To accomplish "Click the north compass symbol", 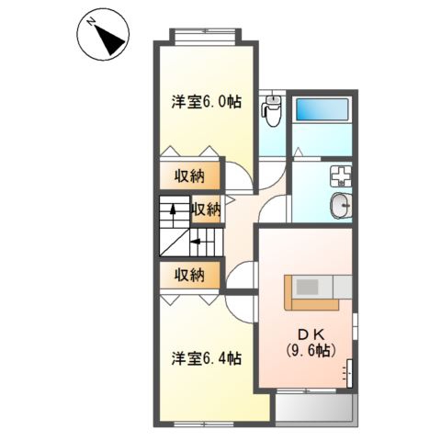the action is coord(103,34).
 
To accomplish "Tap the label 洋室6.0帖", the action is coord(207,102).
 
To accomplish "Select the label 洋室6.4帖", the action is coord(207,358).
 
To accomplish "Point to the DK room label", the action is coord(311,334).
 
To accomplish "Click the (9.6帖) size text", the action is coord(311,350).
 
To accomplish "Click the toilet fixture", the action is coord(271,110).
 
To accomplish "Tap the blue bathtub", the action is coord(322,109).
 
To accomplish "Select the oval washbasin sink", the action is coord(341,206).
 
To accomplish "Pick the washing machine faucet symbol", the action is coord(341,176).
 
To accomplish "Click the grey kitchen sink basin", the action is coord(307,288).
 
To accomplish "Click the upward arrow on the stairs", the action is coord(173,210).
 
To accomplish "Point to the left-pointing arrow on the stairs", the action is coord(196,242).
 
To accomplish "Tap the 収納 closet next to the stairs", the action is coord(206,209).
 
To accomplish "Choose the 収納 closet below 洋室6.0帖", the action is coord(190,175).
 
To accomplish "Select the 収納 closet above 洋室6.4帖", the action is coord(190,275).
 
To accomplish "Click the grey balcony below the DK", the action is coord(316,408).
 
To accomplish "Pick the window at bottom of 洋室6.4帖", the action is coord(204,424).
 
